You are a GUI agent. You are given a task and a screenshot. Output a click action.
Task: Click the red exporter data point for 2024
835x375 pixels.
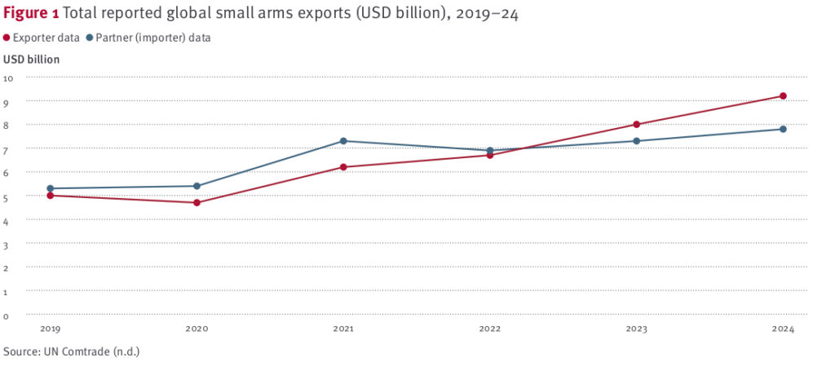pyautogui.click(x=783, y=96)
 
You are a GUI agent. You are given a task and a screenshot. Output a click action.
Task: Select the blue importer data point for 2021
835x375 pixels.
pyautogui.click(x=343, y=141)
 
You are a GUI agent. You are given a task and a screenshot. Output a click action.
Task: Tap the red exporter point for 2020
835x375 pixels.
pyautogui.click(x=197, y=202)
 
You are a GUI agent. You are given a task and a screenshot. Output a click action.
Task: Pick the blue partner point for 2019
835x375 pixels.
pyautogui.click(x=50, y=188)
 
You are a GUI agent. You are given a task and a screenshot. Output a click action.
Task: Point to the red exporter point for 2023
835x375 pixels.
pyautogui.click(x=637, y=125)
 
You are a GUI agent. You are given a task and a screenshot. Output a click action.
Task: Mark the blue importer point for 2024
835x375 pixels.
pyautogui.click(x=783, y=129)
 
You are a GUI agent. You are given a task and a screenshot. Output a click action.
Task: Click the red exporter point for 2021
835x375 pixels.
pyautogui.click(x=343, y=167)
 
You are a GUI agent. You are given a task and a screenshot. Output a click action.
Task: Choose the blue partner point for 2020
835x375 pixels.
pyautogui.click(x=197, y=186)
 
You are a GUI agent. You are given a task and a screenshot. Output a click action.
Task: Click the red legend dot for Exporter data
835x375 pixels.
pyautogui.click(x=7, y=37)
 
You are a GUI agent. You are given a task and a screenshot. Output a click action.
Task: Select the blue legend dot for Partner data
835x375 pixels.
pyautogui.click(x=89, y=37)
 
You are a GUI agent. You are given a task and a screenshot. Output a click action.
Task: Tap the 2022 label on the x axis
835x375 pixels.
pyautogui.click(x=489, y=329)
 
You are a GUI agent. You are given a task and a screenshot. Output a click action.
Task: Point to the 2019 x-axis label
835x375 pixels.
pyautogui.click(x=50, y=329)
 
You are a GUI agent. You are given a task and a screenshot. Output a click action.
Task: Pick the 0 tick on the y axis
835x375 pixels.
pyautogui.click(x=7, y=315)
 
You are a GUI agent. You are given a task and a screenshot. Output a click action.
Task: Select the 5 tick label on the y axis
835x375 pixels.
pyautogui.click(x=7, y=196)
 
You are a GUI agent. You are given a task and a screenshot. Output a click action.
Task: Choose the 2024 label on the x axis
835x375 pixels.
pyautogui.click(x=783, y=329)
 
